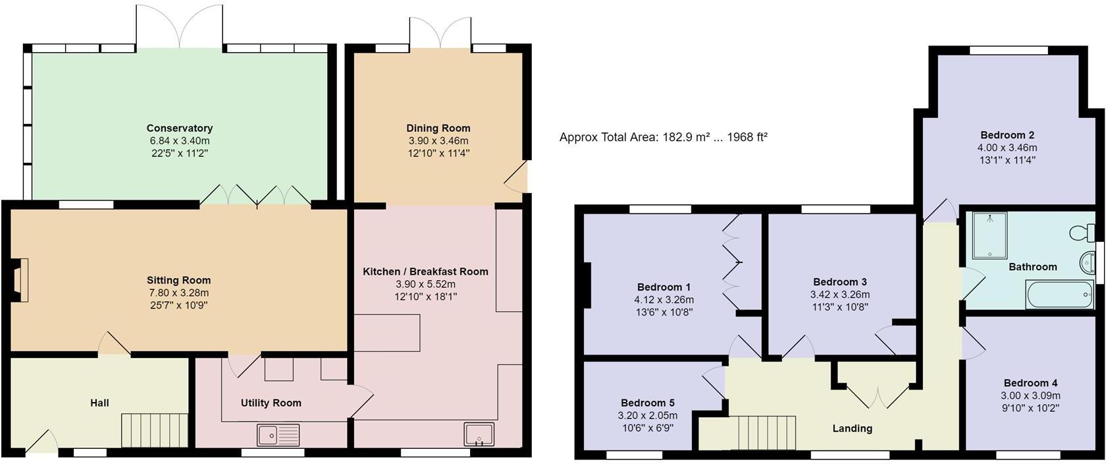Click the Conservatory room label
(x=179, y=128)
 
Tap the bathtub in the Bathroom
(x=1059, y=295)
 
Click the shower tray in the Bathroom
(x=990, y=234)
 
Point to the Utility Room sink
(x=278, y=435)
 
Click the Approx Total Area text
(x=663, y=137)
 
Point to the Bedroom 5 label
(x=647, y=403)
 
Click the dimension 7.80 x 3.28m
(x=178, y=293)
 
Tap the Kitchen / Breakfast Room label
(x=425, y=272)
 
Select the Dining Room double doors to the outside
(x=440, y=32)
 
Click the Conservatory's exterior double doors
(x=179, y=26)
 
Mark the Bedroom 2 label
(x=1007, y=135)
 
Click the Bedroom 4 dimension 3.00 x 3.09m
(x=1030, y=395)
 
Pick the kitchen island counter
(x=387, y=332)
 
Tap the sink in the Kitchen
(x=479, y=434)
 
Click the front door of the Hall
(x=41, y=443)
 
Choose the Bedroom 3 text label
(x=839, y=282)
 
